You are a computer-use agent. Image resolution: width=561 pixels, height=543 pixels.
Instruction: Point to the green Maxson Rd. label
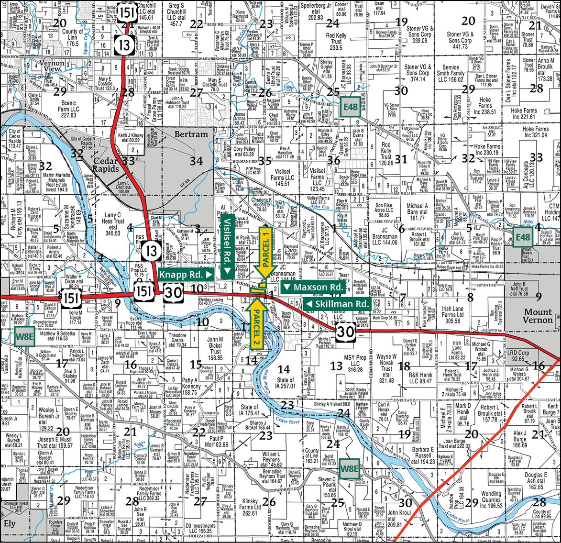[313, 287]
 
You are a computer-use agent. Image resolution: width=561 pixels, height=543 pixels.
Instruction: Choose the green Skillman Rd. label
[337, 304]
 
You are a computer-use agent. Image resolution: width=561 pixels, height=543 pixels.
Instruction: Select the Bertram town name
[191, 134]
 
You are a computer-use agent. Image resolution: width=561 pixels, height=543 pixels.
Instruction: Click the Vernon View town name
[52, 66]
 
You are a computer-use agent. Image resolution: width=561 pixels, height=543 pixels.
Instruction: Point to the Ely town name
[10, 523]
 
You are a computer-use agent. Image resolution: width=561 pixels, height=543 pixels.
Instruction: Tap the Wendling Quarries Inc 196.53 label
[491, 499]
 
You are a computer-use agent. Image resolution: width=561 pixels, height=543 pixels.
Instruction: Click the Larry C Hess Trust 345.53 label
[113, 224]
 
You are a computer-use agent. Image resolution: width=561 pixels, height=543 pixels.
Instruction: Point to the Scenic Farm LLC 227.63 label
[69, 109]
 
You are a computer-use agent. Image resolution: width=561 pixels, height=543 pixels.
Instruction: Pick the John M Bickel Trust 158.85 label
[215, 348]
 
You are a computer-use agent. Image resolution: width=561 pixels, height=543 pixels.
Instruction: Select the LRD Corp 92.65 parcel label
[517, 355]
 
